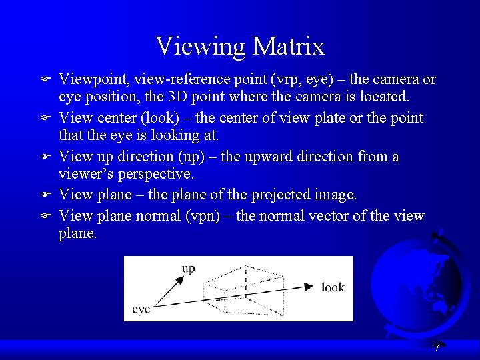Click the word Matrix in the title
click(x=289, y=47)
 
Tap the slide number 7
click(x=436, y=348)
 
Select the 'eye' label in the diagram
click(x=141, y=309)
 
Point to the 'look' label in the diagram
click(x=333, y=287)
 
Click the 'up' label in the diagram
click(x=189, y=269)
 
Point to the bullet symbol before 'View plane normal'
click(x=45, y=217)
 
